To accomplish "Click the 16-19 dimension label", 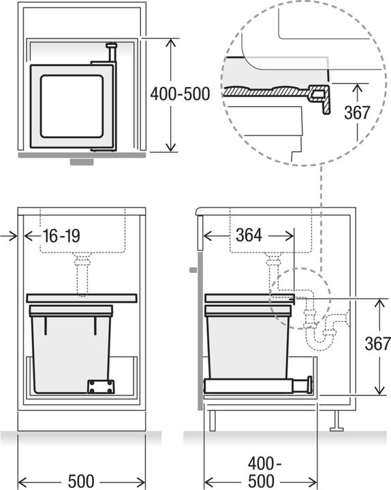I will [61, 236].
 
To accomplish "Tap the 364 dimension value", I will [249, 235].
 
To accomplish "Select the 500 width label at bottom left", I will [81, 481].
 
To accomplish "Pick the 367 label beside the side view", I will [377, 344].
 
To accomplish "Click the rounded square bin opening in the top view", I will [71, 105].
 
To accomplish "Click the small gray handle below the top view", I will [83, 163].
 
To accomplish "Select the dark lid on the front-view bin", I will [81, 298].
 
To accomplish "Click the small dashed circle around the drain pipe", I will [300, 298].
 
